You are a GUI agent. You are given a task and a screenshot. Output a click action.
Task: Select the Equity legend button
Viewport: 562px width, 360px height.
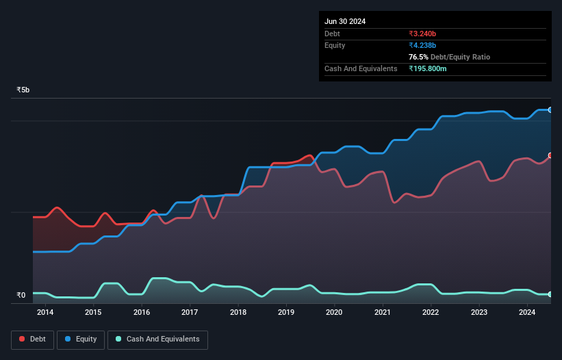pos(81,339)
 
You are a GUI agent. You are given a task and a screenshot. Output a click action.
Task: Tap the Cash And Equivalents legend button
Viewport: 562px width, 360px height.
pos(157,339)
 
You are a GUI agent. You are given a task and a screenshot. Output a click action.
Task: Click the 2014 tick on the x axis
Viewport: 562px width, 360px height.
pos(45,313)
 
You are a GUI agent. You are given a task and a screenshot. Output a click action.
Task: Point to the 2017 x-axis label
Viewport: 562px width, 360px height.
pos(190,313)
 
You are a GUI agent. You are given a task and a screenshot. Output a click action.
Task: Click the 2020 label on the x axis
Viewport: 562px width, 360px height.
pos(334,313)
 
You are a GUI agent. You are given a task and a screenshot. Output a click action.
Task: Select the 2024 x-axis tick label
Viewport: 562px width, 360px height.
pos(527,313)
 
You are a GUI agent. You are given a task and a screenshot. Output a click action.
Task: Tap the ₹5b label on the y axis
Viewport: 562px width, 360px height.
pos(23,90)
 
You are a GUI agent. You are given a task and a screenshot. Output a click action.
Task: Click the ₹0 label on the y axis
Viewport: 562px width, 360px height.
pos(21,296)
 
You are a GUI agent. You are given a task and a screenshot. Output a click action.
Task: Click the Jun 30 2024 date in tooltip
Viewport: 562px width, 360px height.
pos(345,21)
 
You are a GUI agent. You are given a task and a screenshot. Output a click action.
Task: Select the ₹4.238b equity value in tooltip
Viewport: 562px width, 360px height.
pos(422,45)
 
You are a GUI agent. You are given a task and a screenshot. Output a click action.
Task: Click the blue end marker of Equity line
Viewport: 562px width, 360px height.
pos(550,110)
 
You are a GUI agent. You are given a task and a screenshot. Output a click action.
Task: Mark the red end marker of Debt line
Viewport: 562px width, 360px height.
pos(550,155)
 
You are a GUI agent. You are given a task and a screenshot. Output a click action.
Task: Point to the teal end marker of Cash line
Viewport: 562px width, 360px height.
pos(550,294)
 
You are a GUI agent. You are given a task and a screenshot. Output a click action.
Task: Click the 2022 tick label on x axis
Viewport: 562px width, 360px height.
pos(431,313)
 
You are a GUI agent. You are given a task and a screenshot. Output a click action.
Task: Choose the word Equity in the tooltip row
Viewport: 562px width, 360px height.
pos(335,45)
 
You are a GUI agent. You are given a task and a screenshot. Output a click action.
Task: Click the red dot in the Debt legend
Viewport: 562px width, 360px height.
pos(23,339)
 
